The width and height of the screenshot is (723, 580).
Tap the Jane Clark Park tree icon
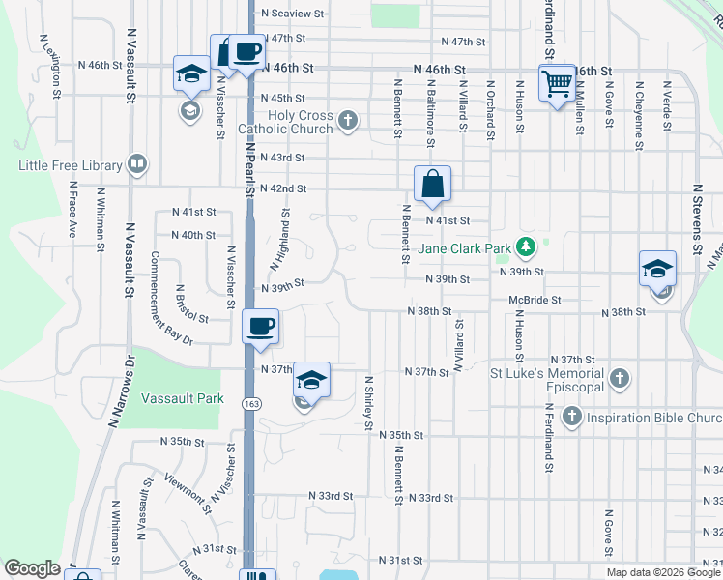[x=525, y=247]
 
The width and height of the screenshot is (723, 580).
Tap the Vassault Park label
[x=183, y=398]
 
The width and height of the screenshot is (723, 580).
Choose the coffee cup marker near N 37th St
[x=260, y=327]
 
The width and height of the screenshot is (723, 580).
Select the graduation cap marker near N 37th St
[x=312, y=380]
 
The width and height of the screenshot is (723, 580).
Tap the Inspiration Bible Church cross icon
[x=571, y=418]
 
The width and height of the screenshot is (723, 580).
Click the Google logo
[x=32, y=568]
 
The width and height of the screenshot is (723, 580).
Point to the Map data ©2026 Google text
[x=663, y=572]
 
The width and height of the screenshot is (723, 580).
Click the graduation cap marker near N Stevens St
[x=657, y=270]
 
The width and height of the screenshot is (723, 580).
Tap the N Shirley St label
[x=368, y=403]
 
